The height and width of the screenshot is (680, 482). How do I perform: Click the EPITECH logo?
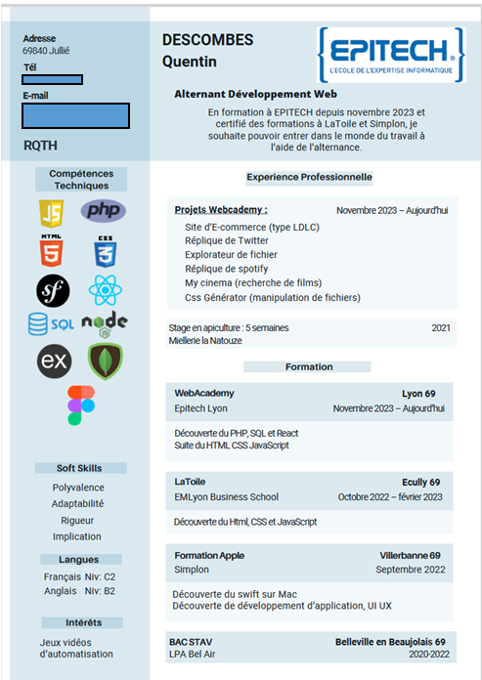point(390,54)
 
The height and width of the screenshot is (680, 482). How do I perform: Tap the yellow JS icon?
point(51,211)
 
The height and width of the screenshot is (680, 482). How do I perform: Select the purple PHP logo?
point(103,210)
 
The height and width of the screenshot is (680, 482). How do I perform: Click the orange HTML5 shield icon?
point(51,252)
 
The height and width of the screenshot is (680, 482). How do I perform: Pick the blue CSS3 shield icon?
point(105,252)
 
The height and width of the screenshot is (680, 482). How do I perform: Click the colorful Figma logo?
point(81,404)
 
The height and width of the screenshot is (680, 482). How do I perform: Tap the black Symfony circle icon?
point(53,290)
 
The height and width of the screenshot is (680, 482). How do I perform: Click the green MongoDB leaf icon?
point(105,361)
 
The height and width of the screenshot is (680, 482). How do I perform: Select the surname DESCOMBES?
point(207,40)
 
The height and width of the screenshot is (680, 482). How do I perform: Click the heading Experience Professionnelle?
point(309,177)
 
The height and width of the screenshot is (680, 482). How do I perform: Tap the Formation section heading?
point(309,367)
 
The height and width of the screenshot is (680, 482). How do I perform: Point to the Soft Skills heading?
point(78,468)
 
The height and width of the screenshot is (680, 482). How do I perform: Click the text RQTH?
point(41,145)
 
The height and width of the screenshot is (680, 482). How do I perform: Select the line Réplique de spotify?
point(226,269)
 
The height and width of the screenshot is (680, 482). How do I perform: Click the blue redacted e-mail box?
point(75,115)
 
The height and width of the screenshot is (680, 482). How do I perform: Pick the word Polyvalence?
point(78,488)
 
